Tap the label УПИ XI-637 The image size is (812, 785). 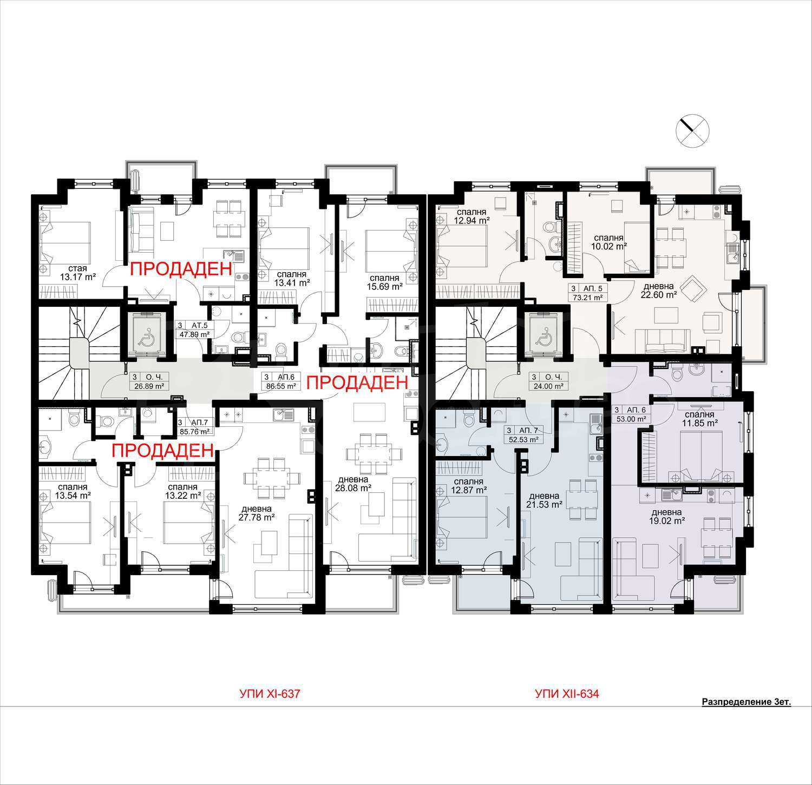click(x=270, y=694)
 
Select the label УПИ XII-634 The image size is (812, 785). click(x=567, y=694)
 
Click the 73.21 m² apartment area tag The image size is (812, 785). click(x=587, y=297)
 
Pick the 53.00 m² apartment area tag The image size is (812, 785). click(x=633, y=418)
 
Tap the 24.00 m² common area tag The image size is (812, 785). click(x=549, y=386)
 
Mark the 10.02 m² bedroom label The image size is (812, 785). click(x=608, y=241)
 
